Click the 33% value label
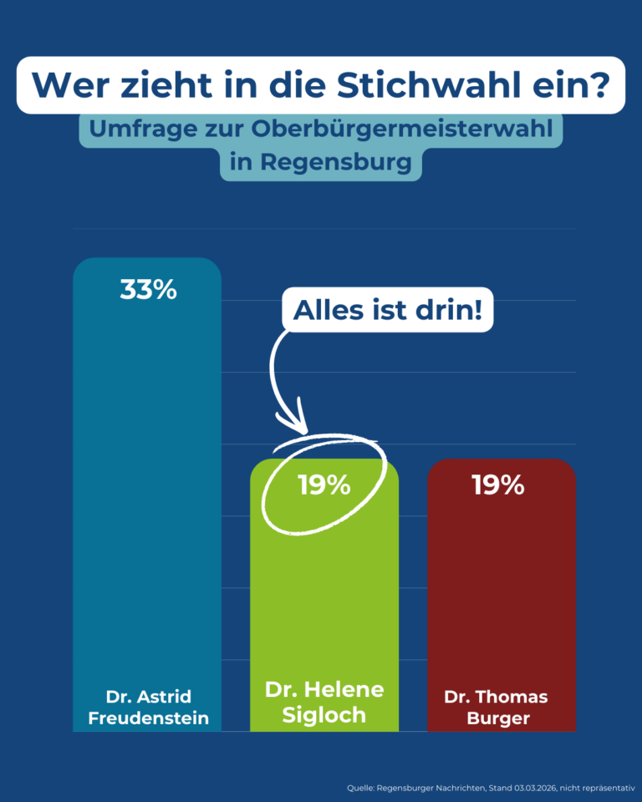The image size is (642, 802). pos(148,290)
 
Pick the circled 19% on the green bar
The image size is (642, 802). pos(324,485)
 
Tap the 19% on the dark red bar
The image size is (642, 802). pos(498,485)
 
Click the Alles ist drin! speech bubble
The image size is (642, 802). pos(388,311)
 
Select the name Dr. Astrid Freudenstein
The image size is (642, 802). pos(148,707)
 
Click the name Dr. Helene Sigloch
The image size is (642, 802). pos(324,703)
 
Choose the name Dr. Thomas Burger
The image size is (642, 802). pos(496,707)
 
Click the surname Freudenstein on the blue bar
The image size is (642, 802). pos(148,718)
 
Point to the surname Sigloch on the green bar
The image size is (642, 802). pos(324,715)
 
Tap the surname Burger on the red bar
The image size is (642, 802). pos(496,718)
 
